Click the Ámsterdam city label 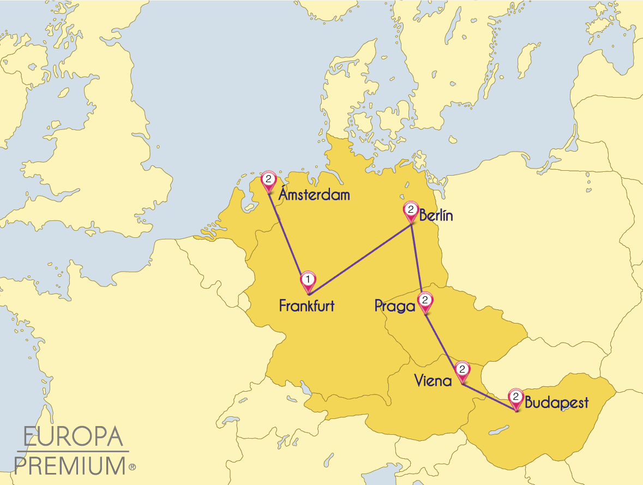(x=314, y=195)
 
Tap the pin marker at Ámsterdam (x=268, y=180)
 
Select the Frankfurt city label (x=307, y=306)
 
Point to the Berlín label (x=436, y=215)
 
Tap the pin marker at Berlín (x=410, y=210)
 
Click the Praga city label (x=395, y=306)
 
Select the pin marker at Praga (x=425, y=301)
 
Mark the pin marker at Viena (x=462, y=370)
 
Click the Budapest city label (x=556, y=403)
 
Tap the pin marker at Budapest (x=515, y=397)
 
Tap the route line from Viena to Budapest (x=488, y=397)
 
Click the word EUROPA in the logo (x=73, y=438)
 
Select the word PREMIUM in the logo (x=70, y=466)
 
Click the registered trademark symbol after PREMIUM (x=132, y=468)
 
